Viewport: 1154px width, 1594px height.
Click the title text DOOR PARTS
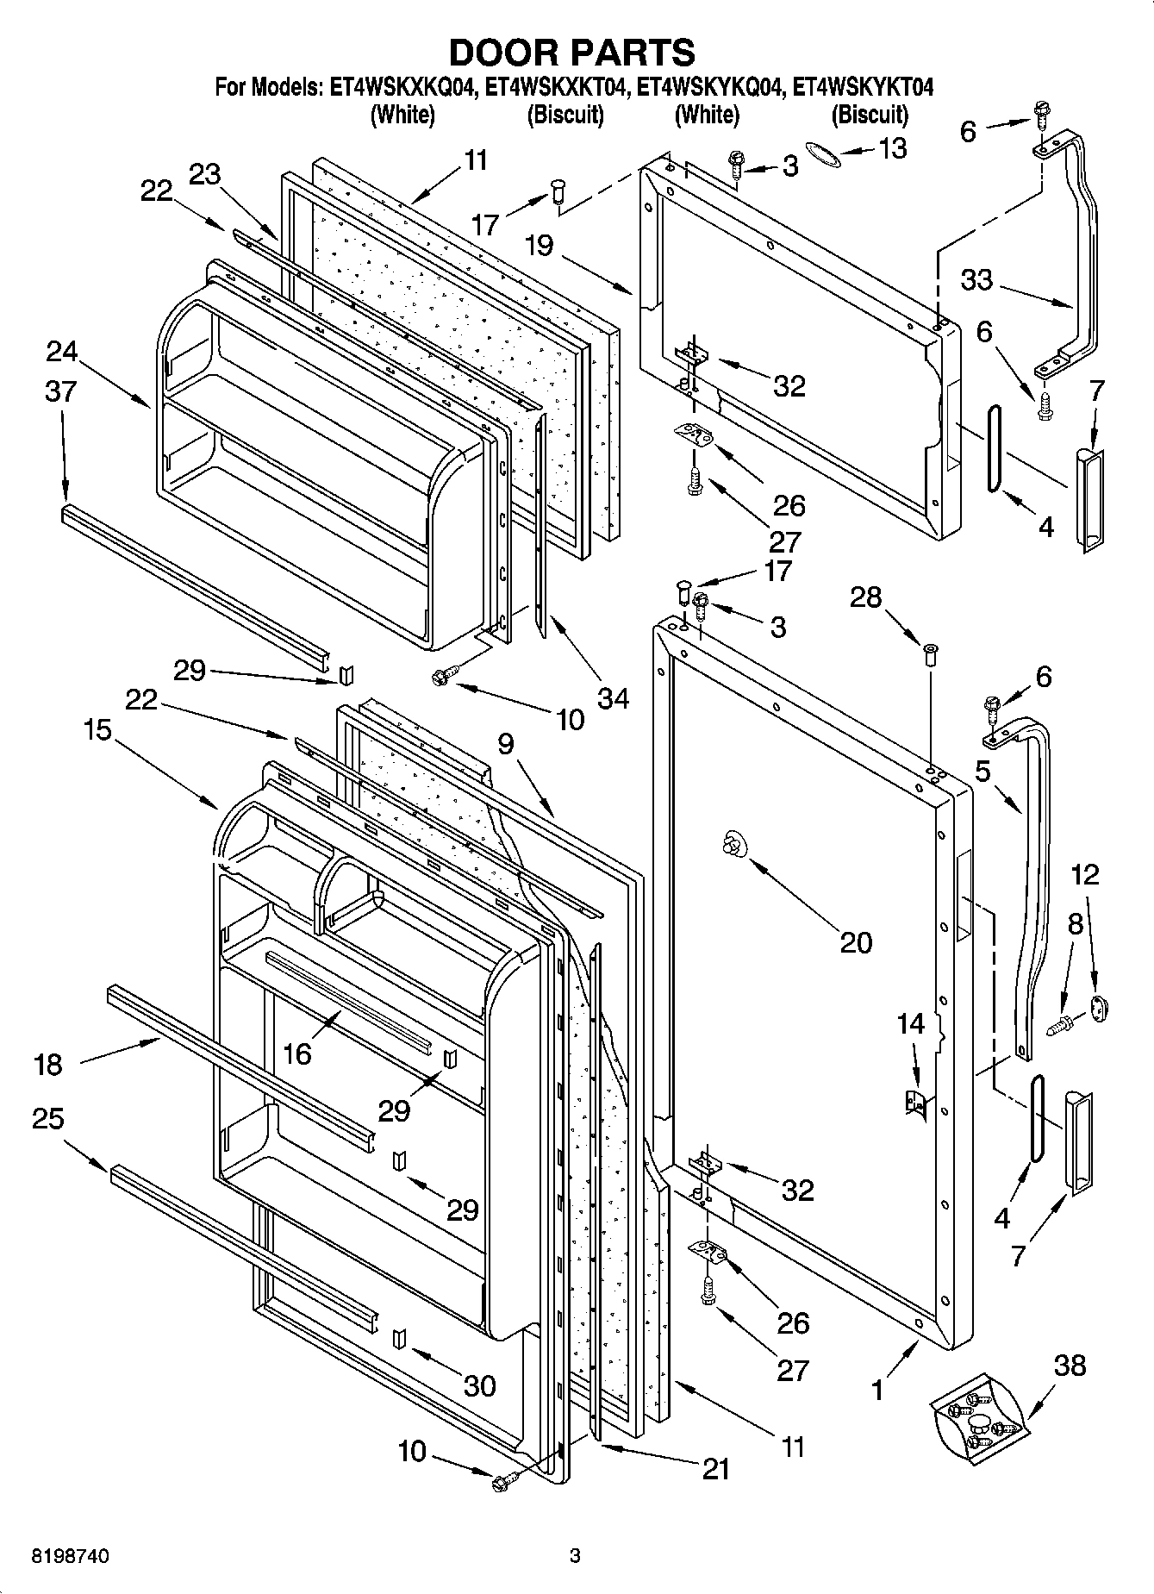tap(571, 53)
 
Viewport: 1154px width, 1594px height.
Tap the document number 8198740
tap(72, 1555)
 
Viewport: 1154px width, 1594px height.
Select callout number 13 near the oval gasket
tap(893, 149)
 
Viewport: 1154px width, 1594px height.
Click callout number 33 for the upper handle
tap(977, 279)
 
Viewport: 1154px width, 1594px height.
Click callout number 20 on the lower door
tap(856, 942)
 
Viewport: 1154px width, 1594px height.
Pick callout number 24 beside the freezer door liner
tap(62, 351)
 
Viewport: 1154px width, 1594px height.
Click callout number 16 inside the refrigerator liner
tap(296, 1053)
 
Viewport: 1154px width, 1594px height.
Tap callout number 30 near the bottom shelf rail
tap(479, 1385)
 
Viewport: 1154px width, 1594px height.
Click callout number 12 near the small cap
tap(1085, 874)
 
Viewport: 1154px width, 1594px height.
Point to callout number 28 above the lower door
tap(866, 597)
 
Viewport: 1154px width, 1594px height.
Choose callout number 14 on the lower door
tap(910, 1023)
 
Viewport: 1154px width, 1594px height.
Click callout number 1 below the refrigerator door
tap(877, 1390)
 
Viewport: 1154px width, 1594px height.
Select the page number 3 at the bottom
tap(575, 1555)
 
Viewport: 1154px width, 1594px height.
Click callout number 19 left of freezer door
tap(539, 246)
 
